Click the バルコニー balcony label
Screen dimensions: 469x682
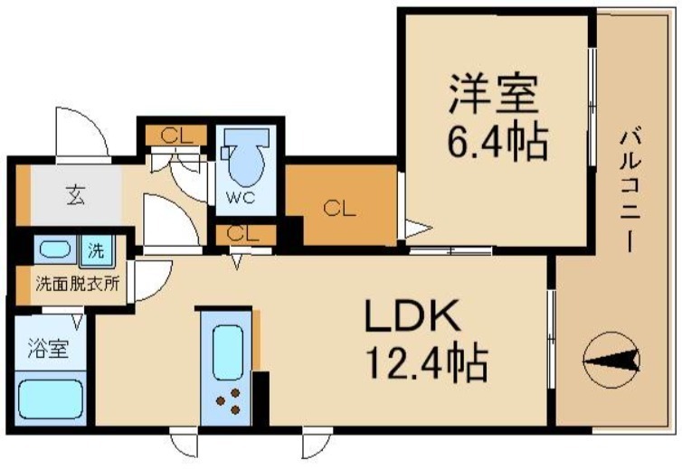pos(630,191)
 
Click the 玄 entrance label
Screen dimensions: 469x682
pos(73,195)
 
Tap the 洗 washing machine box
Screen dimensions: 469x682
pos(95,248)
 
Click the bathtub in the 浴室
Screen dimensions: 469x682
pos(51,397)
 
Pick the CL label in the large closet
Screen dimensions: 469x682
pos(340,209)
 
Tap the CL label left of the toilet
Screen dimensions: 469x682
pos(176,136)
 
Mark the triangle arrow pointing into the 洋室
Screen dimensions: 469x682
pos(412,230)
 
